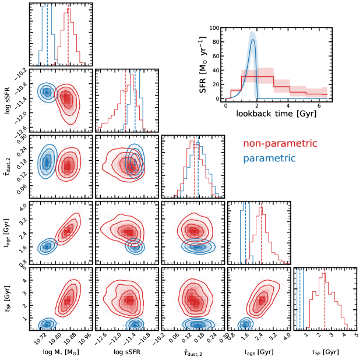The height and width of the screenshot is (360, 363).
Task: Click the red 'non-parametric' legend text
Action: [x=280, y=144]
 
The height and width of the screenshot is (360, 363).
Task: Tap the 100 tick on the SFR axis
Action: [x=215, y=28]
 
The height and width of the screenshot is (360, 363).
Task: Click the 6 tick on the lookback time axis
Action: [x=320, y=106]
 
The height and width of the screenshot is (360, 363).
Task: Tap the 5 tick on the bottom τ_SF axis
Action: [x=356, y=336]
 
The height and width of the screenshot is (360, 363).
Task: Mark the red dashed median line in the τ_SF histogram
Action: [x=325, y=300]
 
